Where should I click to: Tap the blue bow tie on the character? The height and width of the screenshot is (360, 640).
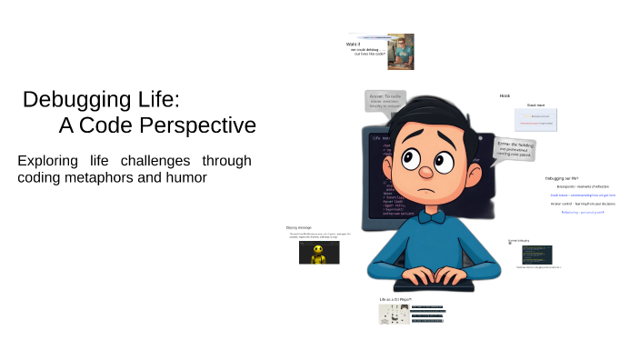pyautogui.click(x=424, y=216)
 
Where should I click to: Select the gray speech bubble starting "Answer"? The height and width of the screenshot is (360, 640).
pyautogui.click(x=385, y=100)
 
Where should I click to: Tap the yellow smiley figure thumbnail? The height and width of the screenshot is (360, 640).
pyautogui.click(x=319, y=254)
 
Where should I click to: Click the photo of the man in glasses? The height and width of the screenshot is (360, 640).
pyautogui.click(x=400, y=52)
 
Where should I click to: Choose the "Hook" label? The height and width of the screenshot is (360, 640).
pyautogui.click(x=505, y=95)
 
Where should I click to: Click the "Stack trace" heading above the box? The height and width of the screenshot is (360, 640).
pyautogui.click(x=535, y=105)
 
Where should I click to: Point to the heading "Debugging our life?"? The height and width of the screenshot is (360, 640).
pyautogui.click(x=562, y=178)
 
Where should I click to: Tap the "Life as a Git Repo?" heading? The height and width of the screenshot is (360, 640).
pyautogui.click(x=395, y=299)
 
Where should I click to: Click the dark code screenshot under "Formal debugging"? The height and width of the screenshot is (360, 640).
pyautogui.click(x=536, y=255)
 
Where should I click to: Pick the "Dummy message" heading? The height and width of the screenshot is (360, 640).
pyautogui.click(x=298, y=227)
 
